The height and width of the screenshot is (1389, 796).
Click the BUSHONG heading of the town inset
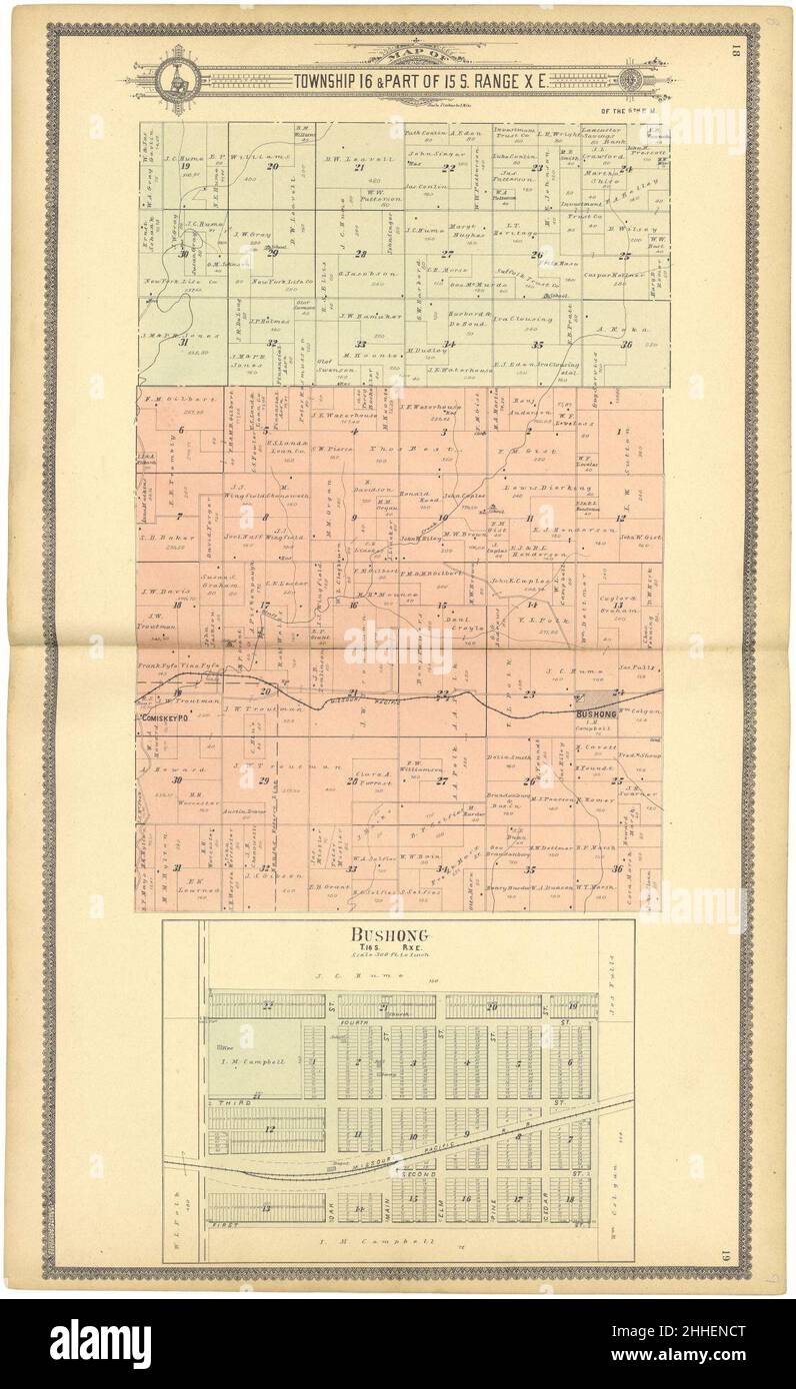point(388,935)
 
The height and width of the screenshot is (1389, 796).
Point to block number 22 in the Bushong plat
point(267,1005)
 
